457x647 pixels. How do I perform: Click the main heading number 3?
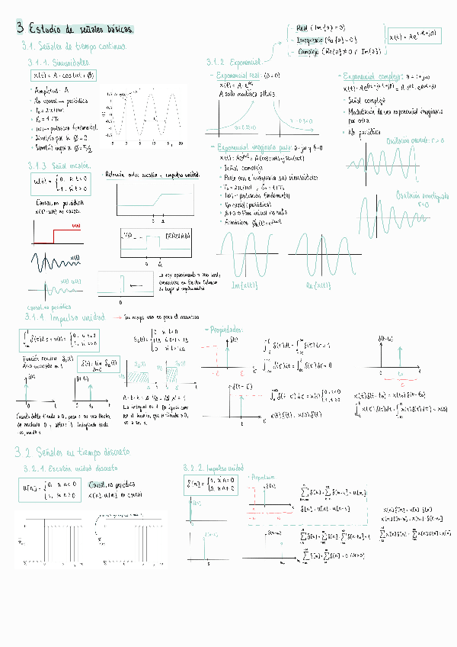click(x=21, y=29)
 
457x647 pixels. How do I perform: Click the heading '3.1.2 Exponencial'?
click(x=234, y=62)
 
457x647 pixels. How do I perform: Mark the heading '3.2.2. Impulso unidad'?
click(x=214, y=467)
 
